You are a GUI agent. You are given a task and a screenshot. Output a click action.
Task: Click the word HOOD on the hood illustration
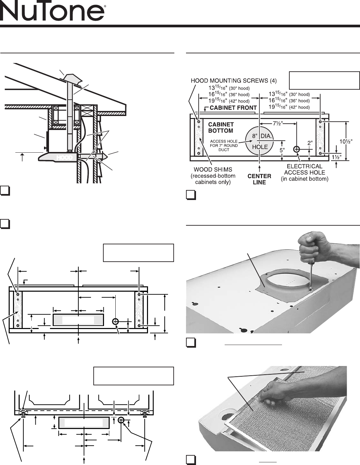[x=65, y=158]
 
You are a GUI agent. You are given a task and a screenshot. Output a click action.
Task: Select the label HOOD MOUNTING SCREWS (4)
[x=234, y=81]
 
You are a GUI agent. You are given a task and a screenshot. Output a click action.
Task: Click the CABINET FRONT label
[x=233, y=108]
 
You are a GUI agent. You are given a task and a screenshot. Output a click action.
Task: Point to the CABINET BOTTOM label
[x=221, y=128]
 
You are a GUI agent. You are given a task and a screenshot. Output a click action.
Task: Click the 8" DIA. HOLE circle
[x=259, y=141]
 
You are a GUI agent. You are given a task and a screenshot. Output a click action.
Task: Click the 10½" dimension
[x=346, y=141]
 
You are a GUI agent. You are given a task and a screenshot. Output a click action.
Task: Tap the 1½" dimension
[x=336, y=157]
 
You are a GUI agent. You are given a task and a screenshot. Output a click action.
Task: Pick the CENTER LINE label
[x=259, y=179]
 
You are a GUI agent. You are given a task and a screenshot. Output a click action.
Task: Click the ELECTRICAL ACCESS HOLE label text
[x=305, y=172]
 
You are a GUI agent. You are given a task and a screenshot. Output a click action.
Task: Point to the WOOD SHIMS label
[x=213, y=176]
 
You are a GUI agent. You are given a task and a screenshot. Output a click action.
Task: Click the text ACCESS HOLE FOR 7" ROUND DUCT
[x=224, y=146]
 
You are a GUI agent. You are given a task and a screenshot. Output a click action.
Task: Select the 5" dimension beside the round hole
[x=282, y=150]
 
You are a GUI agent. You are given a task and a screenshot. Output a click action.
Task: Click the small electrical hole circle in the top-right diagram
[x=296, y=149]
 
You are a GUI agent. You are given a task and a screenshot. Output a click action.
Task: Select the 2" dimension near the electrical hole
[x=310, y=143]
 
